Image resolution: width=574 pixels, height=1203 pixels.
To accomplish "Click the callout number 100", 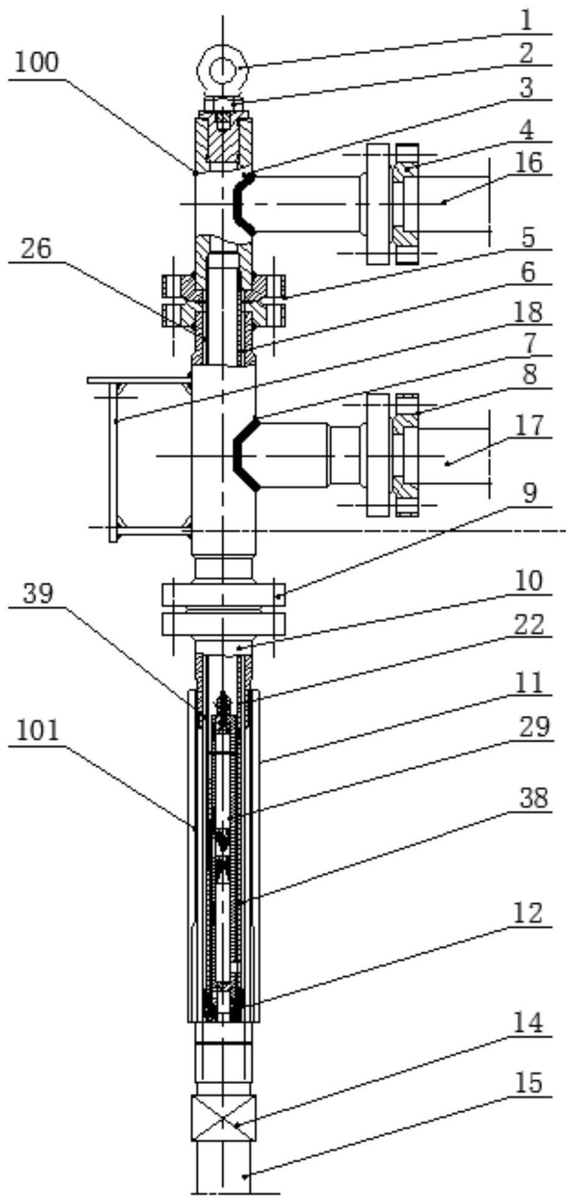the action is pos(36,62).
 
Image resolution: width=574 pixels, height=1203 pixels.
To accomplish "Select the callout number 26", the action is pos(36,249).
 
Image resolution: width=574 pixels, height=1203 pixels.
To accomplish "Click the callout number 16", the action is pos(529,163).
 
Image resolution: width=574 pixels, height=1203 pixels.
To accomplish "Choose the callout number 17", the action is pos(529,426).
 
